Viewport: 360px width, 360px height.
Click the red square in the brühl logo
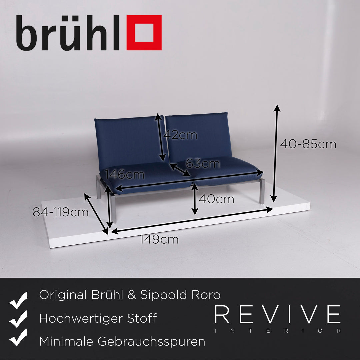pyautogui.click(x=144, y=33)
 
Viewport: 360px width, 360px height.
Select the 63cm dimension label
pyautogui.click(x=203, y=164)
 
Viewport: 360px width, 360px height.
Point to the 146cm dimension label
pyautogui.click(x=124, y=174)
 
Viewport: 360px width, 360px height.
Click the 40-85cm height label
pyautogui.click(x=308, y=144)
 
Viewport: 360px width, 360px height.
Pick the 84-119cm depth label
pyautogui.click(x=61, y=212)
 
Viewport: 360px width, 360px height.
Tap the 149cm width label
pyautogui.click(x=159, y=239)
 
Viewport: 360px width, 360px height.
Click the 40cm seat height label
pyautogui.click(x=216, y=199)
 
